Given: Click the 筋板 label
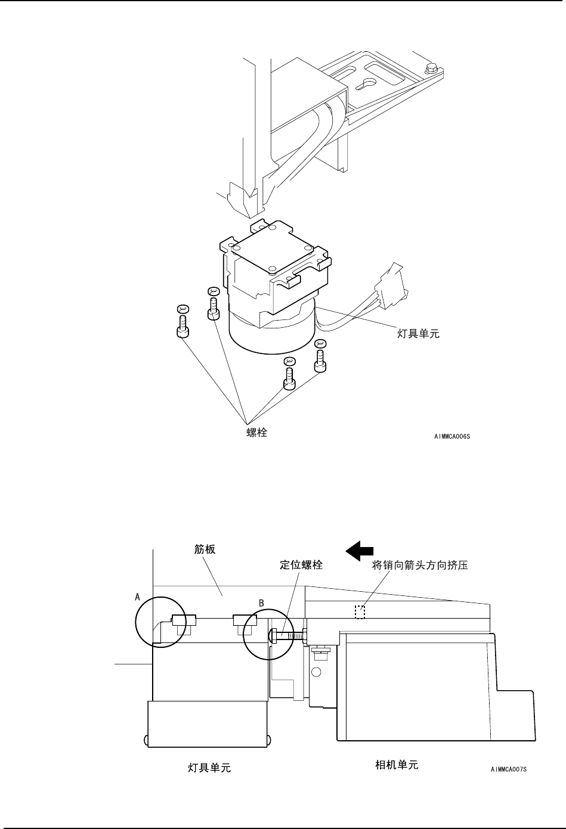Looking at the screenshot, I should pyautogui.click(x=205, y=550).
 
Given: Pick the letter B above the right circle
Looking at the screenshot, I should pyautogui.click(x=261, y=603).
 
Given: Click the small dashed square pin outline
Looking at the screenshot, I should pyautogui.click(x=360, y=612).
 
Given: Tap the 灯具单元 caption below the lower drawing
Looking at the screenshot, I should pyautogui.click(x=209, y=769).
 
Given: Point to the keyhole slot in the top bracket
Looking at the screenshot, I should pyautogui.click(x=368, y=82).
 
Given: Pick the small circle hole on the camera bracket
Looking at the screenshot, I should pyautogui.click(x=317, y=672).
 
